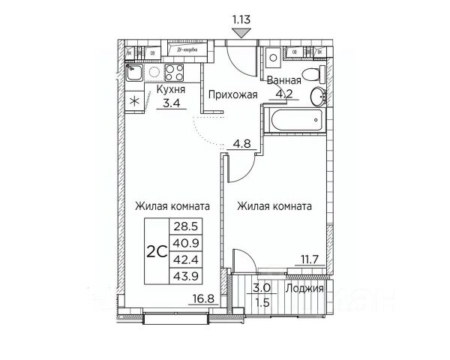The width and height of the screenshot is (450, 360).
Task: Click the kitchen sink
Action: point(136,73)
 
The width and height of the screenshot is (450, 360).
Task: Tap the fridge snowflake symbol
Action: point(135,101)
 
